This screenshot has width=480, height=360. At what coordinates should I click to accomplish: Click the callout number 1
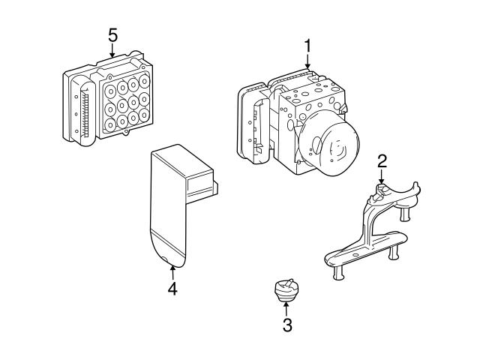coord(307,47)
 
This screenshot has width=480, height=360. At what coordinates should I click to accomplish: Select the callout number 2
coord(382,160)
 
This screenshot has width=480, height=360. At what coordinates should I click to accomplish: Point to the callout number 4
coord(172,287)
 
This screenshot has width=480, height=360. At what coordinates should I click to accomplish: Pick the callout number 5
coord(112,35)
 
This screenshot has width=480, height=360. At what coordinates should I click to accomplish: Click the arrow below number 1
coord(307,64)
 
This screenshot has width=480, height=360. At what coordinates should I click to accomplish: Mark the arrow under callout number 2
coord(382,177)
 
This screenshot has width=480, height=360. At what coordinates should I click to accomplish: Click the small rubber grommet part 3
coord(285,289)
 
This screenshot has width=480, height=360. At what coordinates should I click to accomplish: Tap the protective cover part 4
coord(169,217)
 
